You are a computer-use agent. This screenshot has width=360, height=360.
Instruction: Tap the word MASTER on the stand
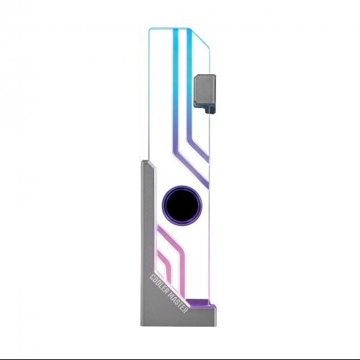178,303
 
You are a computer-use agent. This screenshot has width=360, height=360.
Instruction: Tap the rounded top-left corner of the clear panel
150,30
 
